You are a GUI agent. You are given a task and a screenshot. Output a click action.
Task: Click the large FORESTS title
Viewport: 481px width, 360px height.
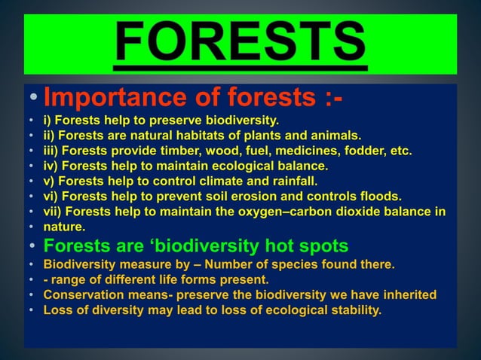[240, 44]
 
